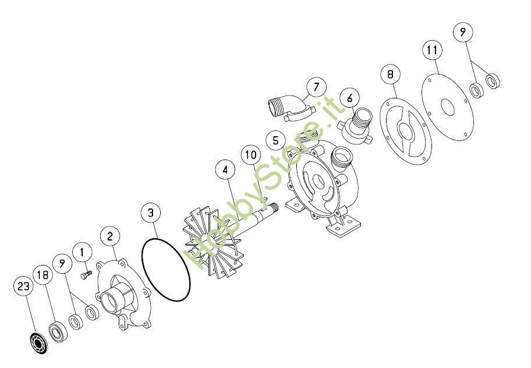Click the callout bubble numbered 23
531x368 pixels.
[23, 286]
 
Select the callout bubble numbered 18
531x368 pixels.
[43, 275]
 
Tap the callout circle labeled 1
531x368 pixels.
[82, 252]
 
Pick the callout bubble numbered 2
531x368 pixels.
[110, 236]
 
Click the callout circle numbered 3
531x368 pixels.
[151, 213]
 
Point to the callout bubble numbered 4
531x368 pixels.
[225, 170]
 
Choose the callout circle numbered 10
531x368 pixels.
[251, 155]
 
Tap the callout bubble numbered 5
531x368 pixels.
[275, 140]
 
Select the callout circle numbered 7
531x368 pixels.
[316, 87]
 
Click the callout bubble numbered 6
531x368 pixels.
[349, 98]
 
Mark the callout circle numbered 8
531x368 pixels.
[391, 74]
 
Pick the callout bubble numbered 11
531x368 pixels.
[433, 50]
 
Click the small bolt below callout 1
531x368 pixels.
[86, 274]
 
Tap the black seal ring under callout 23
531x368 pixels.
[38, 342]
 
